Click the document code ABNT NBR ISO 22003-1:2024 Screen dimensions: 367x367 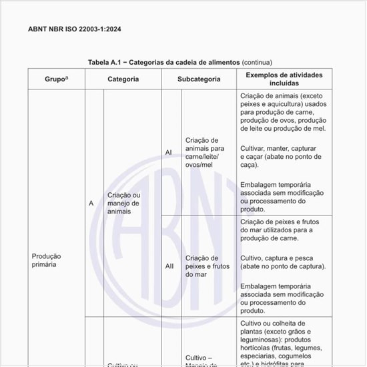pyautogui.click(x=74, y=29)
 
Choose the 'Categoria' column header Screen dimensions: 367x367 pyautogui.click(x=123, y=79)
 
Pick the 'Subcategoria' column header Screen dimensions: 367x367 pyautogui.click(x=199, y=79)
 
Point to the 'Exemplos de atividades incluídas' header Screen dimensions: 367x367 pyautogui.click(x=284, y=79)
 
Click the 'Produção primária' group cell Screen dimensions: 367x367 pyautogui.click(x=47, y=260)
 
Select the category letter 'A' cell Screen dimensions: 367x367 pyautogui.click(x=91, y=203)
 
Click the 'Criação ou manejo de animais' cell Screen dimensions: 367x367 pyautogui.click(x=123, y=203)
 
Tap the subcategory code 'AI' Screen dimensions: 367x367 pyautogui.click(x=168, y=152)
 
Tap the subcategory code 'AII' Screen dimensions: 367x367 pyautogui.click(x=169, y=266)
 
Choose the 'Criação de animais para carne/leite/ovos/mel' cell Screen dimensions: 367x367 pyautogui.click(x=204, y=152)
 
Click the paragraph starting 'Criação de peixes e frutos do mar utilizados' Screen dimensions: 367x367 pyautogui.click(x=283, y=230)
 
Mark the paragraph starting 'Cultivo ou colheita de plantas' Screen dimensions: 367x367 pyautogui.click(x=283, y=339)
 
